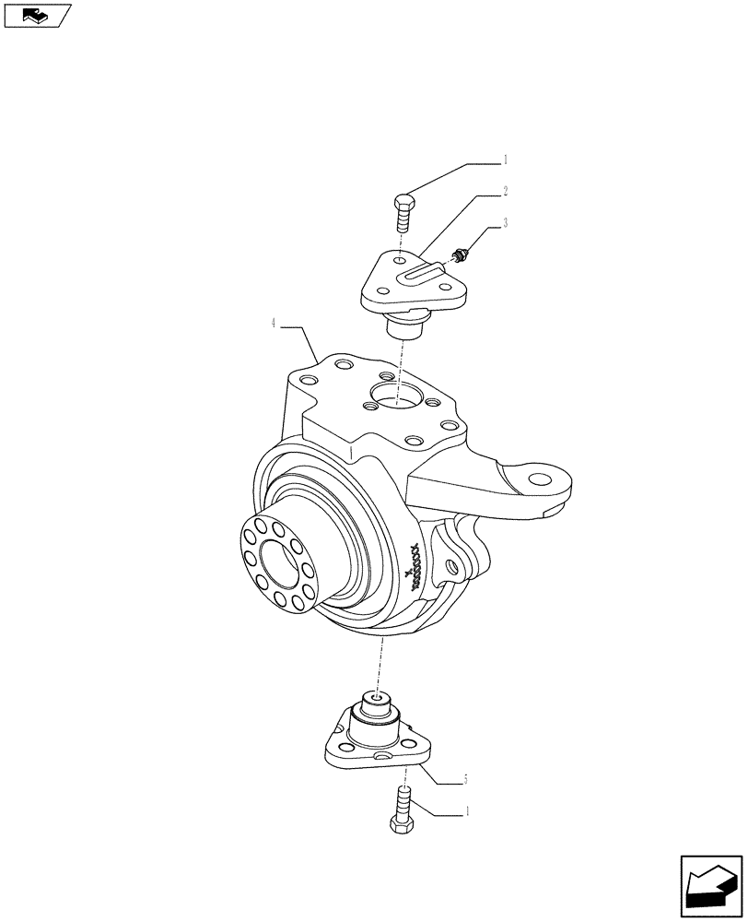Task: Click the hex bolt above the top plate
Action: tap(404, 213)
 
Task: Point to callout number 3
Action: tap(505, 224)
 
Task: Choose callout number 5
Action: tap(466, 780)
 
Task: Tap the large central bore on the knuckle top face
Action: tap(393, 398)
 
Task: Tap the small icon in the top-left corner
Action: tap(36, 15)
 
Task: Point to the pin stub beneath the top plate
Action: tap(402, 324)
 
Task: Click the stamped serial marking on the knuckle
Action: tap(415, 567)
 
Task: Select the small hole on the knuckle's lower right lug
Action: tap(450, 565)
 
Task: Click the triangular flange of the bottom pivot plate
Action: tap(368, 752)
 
